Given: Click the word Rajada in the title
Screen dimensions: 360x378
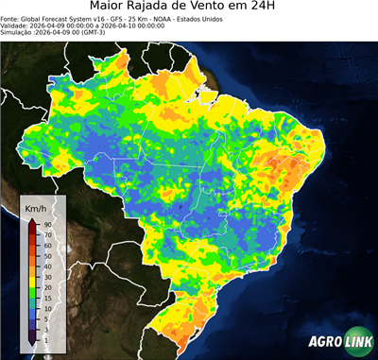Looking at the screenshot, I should tap(176, 8).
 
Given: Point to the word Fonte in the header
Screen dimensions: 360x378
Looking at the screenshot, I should tap(10, 18).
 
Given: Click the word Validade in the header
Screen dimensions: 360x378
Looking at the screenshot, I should tap(15, 26).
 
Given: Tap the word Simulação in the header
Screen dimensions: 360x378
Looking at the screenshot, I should tap(17, 33).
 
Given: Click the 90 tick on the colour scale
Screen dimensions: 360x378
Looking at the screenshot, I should tap(46, 224).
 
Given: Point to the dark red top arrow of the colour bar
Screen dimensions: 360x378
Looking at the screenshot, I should tap(31, 222).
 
